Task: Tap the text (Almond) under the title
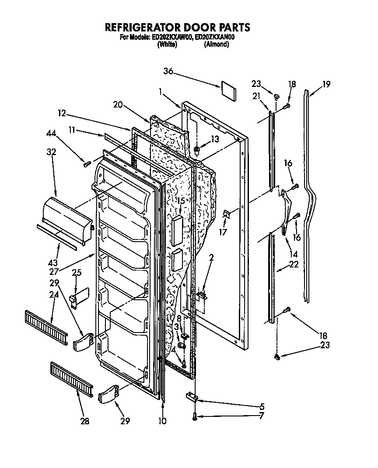216,45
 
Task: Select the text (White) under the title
167,45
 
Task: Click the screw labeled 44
87,164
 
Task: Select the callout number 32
52,153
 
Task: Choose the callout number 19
326,84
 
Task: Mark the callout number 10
163,421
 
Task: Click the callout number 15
181,201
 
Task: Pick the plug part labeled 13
197,151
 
